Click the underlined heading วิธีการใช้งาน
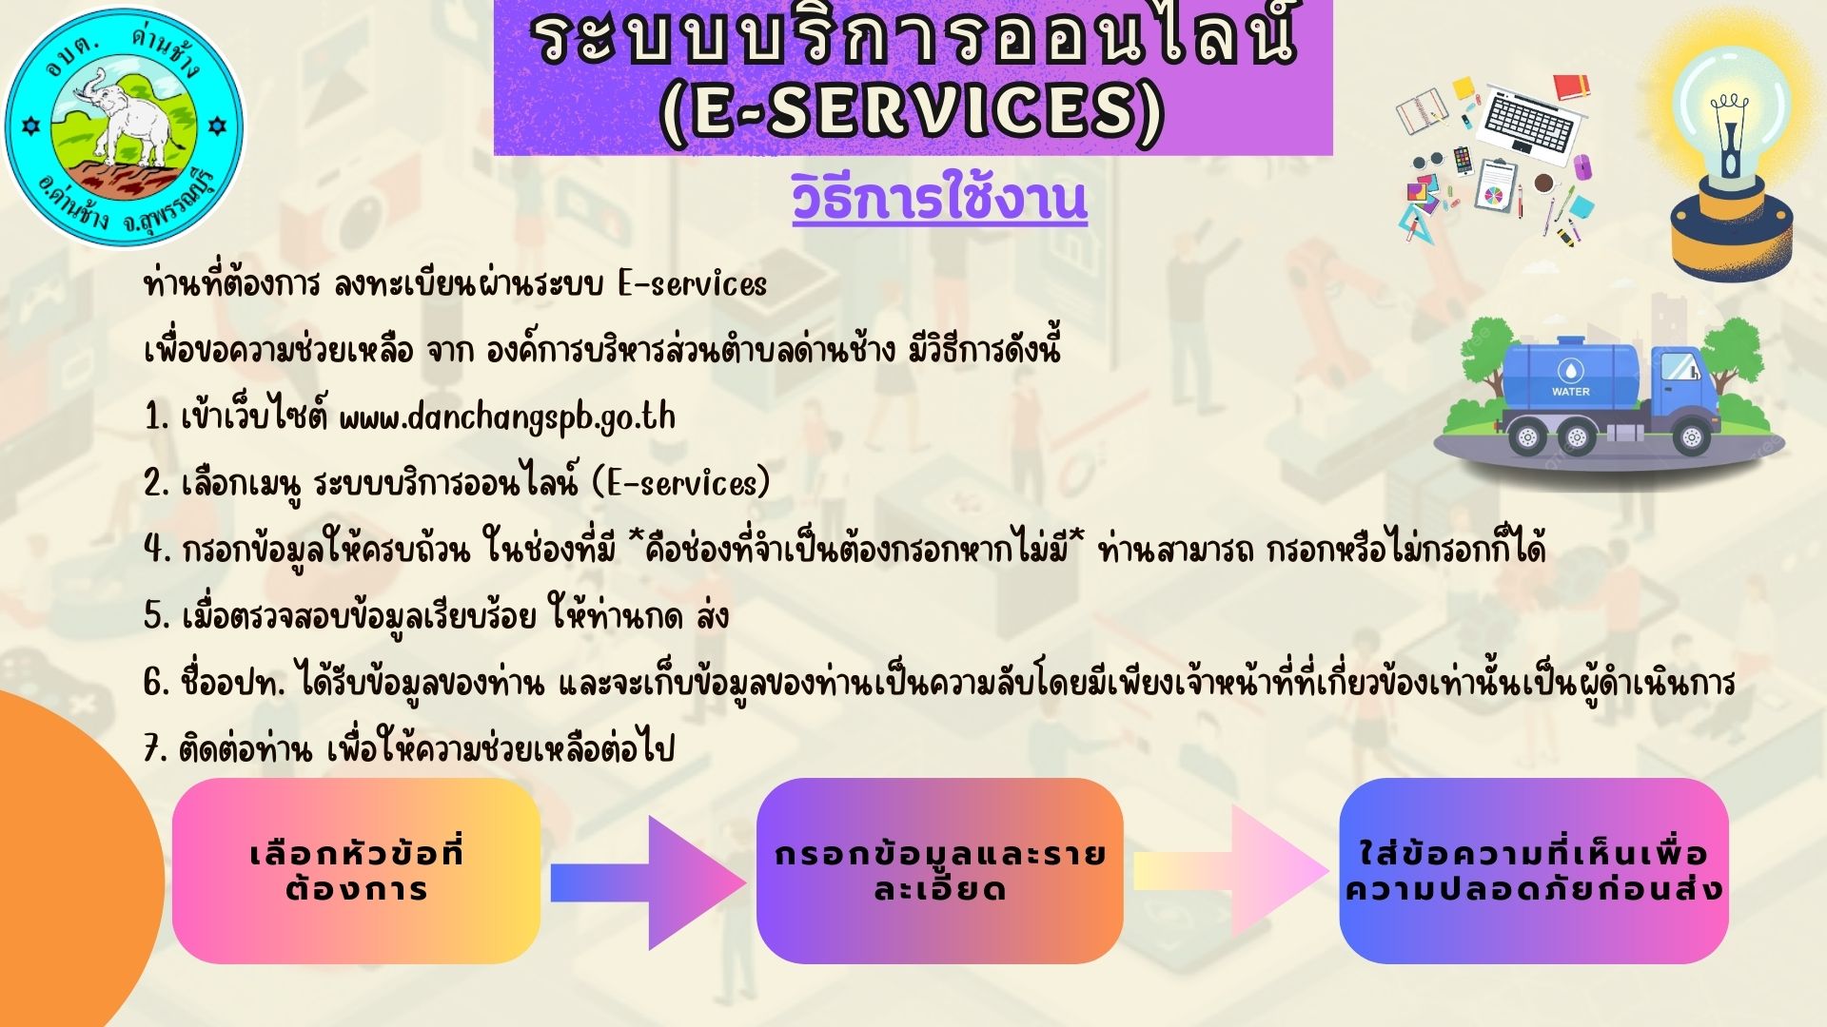click(939, 200)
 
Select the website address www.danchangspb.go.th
click(507, 417)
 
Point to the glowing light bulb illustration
click(1731, 152)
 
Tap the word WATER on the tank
click(1571, 392)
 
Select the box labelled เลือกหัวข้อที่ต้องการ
click(357, 871)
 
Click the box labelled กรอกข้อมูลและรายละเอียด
click(940, 871)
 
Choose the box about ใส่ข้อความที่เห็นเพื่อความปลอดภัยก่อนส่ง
click(1534, 871)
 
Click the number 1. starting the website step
click(157, 417)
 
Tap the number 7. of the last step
click(157, 749)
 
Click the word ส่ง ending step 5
click(712, 615)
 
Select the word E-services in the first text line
click(692, 284)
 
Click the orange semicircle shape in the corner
click(76, 861)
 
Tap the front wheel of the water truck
click(1691, 438)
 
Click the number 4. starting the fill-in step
click(157, 550)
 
